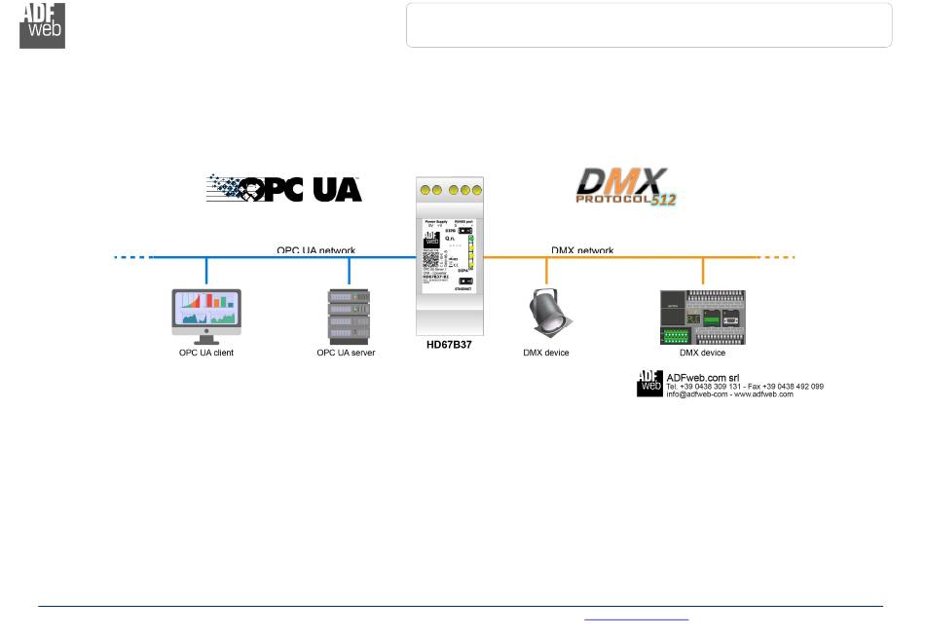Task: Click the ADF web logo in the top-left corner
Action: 42,24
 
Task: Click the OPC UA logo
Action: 284,188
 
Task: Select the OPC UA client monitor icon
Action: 206,315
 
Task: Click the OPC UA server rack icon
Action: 349,316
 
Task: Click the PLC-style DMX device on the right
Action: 702,316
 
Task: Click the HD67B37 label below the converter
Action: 449,346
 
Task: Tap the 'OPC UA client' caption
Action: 206,353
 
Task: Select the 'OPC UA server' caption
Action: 346,353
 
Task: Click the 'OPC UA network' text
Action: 315,250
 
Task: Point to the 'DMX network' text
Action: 582,250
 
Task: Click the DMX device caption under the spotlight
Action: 545,353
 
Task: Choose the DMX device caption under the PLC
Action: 702,353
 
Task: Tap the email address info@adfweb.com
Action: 695,394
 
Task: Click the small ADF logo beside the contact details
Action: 649,384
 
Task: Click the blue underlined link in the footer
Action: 636,618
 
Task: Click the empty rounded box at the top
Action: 648,25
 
